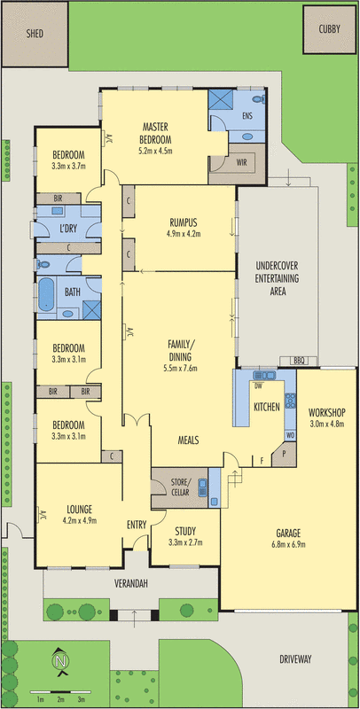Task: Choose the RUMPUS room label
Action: coord(184,222)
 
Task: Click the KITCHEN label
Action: coord(267,407)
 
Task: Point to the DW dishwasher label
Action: coord(257,386)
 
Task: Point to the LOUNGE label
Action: coord(80,509)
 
